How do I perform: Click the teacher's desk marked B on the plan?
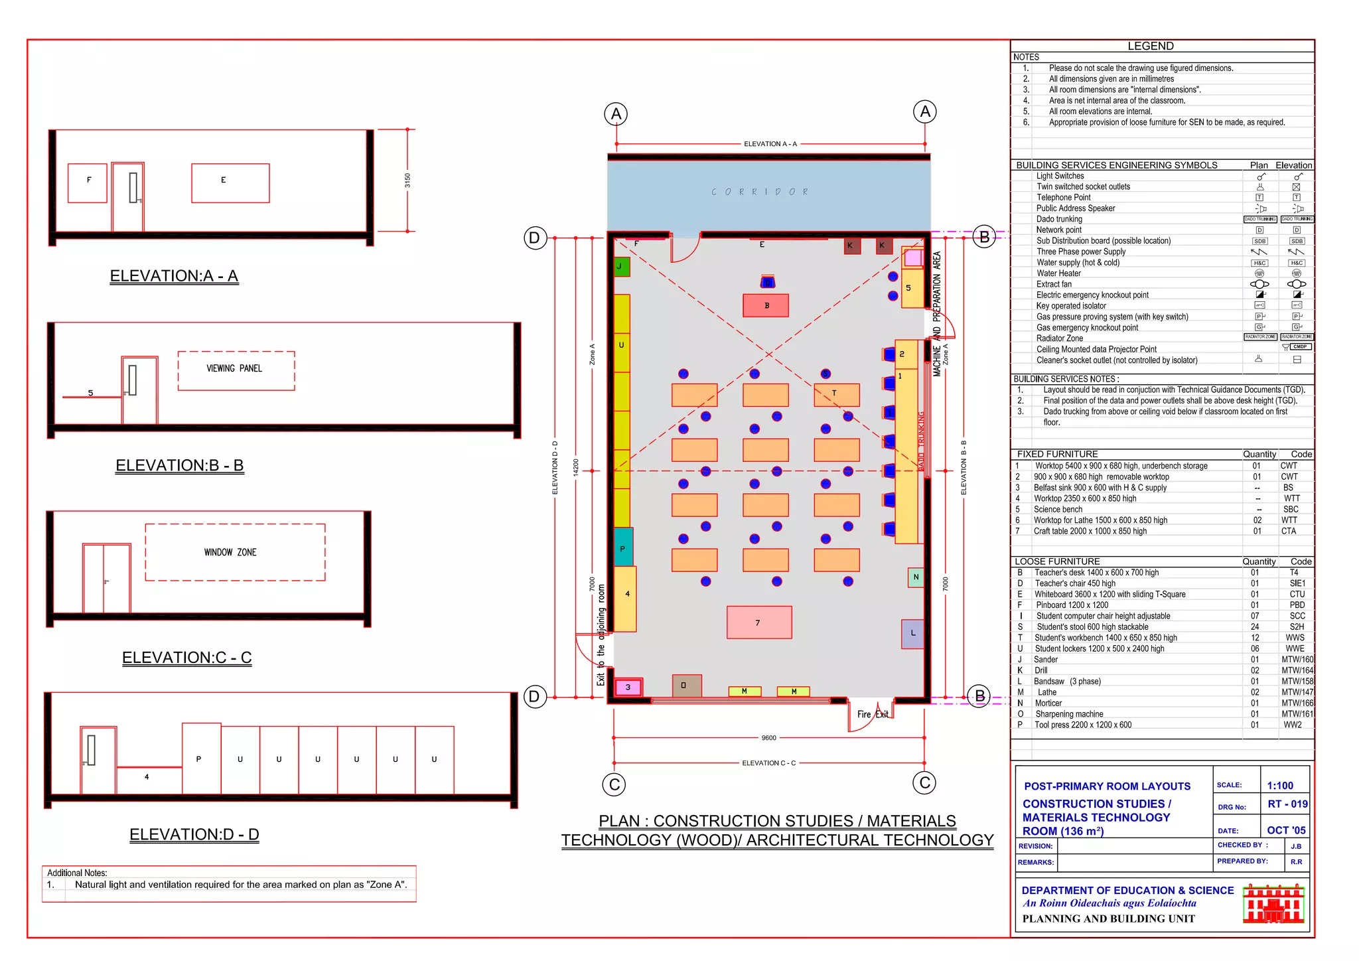766,306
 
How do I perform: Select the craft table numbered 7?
759,623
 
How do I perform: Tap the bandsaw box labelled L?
912,633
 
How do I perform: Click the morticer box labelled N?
916,577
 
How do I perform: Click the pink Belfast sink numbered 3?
628,687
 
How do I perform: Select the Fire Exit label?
872,714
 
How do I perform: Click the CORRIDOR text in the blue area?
760,192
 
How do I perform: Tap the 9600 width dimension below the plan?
768,737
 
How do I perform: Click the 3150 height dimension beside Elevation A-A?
407,180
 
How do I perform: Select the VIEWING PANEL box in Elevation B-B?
236,370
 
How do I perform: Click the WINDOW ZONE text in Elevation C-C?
230,552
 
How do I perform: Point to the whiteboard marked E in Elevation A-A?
230,183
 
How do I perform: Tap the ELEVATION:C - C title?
186,657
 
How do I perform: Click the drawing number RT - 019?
1287,804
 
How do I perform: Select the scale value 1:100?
1279,786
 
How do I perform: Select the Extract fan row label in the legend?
1058,284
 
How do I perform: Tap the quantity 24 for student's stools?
1255,627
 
